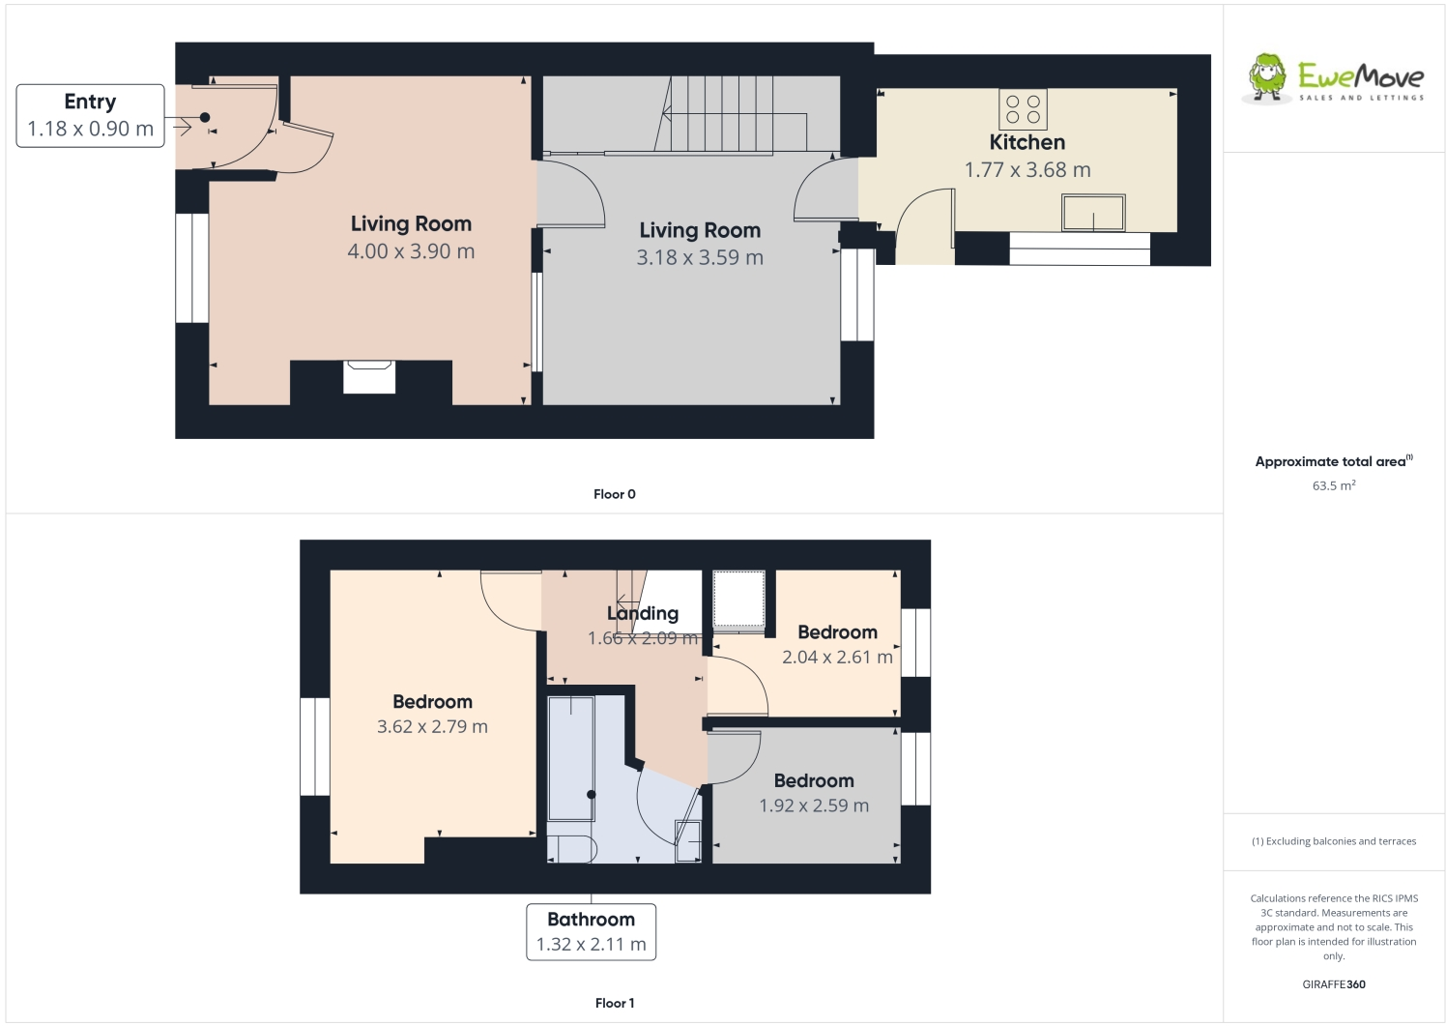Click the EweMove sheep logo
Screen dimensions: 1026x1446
(x=1266, y=77)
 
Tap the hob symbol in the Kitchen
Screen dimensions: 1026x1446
(x=1023, y=109)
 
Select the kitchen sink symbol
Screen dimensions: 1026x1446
(x=1093, y=213)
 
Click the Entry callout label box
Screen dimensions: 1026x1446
(x=90, y=116)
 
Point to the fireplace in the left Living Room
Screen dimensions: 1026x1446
(x=369, y=376)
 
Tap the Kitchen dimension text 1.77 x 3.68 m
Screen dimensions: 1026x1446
(x=1027, y=170)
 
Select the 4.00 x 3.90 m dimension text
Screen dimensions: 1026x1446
(x=411, y=251)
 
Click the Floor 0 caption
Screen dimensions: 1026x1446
(x=614, y=494)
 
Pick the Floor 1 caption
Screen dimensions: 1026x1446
(x=614, y=1003)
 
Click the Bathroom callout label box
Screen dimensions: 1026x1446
(x=591, y=932)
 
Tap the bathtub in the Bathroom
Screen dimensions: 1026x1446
(x=571, y=758)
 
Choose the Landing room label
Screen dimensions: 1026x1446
(x=642, y=613)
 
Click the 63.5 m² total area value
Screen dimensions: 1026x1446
(x=1333, y=485)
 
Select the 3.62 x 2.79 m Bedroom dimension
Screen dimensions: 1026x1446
(x=432, y=727)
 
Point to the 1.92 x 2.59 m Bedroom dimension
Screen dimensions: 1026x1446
(x=813, y=806)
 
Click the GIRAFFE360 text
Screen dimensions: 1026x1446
(x=1333, y=984)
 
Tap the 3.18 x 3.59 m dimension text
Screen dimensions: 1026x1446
(x=699, y=258)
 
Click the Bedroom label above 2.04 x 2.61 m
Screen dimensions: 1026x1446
(x=837, y=632)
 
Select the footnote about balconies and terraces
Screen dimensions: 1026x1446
(x=1333, y=841)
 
